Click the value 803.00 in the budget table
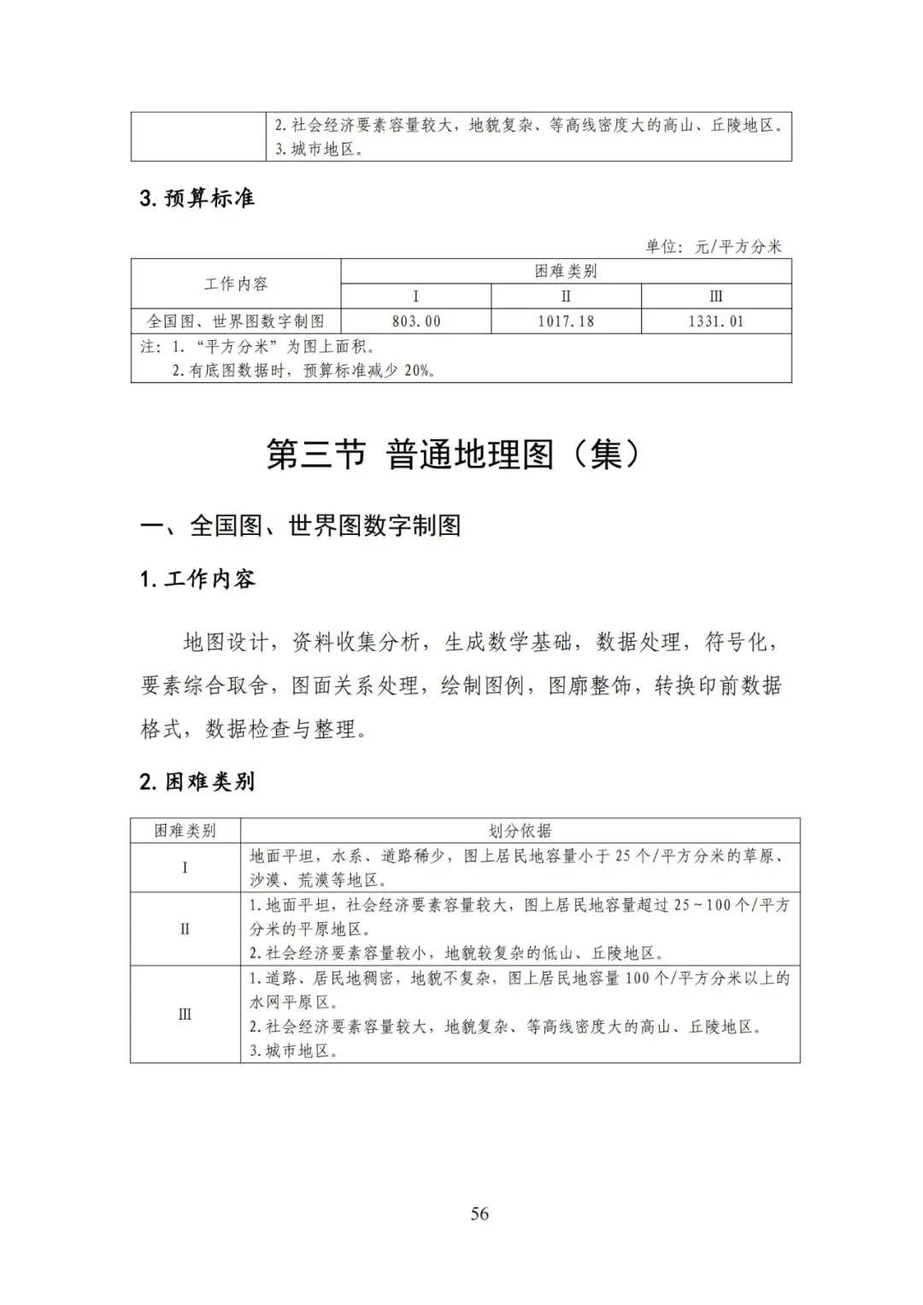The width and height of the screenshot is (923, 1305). (x=416, y=321)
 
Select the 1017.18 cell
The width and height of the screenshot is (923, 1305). (x=566, y=321)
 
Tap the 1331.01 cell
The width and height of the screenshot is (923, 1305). (x=716, y=321)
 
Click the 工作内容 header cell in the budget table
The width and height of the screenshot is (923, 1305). (x=236, y=284)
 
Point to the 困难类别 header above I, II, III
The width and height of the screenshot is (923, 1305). (x=566, y=271)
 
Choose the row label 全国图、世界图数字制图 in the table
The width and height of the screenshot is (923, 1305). (x=236, y=321)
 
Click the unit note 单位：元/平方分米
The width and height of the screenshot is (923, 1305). (x=714, y=246)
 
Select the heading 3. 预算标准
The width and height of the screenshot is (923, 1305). (x=197, y=198)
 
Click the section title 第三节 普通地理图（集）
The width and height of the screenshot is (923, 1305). (x=453, y=455)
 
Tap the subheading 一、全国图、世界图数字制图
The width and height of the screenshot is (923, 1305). (x=301, y=525)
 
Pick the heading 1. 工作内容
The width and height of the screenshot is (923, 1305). (x=197, y=579)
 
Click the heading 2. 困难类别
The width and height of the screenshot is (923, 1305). (x=197, y=781)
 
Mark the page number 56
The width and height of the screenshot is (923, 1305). (x=479, y=1214)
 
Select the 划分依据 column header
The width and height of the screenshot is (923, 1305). (x=520, y=831)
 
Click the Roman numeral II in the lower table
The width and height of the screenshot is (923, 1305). (x=185, y=929)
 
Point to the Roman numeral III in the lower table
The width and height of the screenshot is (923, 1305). (x=185, y=1014)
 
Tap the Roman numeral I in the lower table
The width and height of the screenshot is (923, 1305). (x=185, y=867)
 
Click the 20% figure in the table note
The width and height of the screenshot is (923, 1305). (x=418, y=371)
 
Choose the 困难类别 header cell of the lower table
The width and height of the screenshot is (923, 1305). (x=185, y=831)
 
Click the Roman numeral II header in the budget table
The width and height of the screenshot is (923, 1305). (x=566, y=297)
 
